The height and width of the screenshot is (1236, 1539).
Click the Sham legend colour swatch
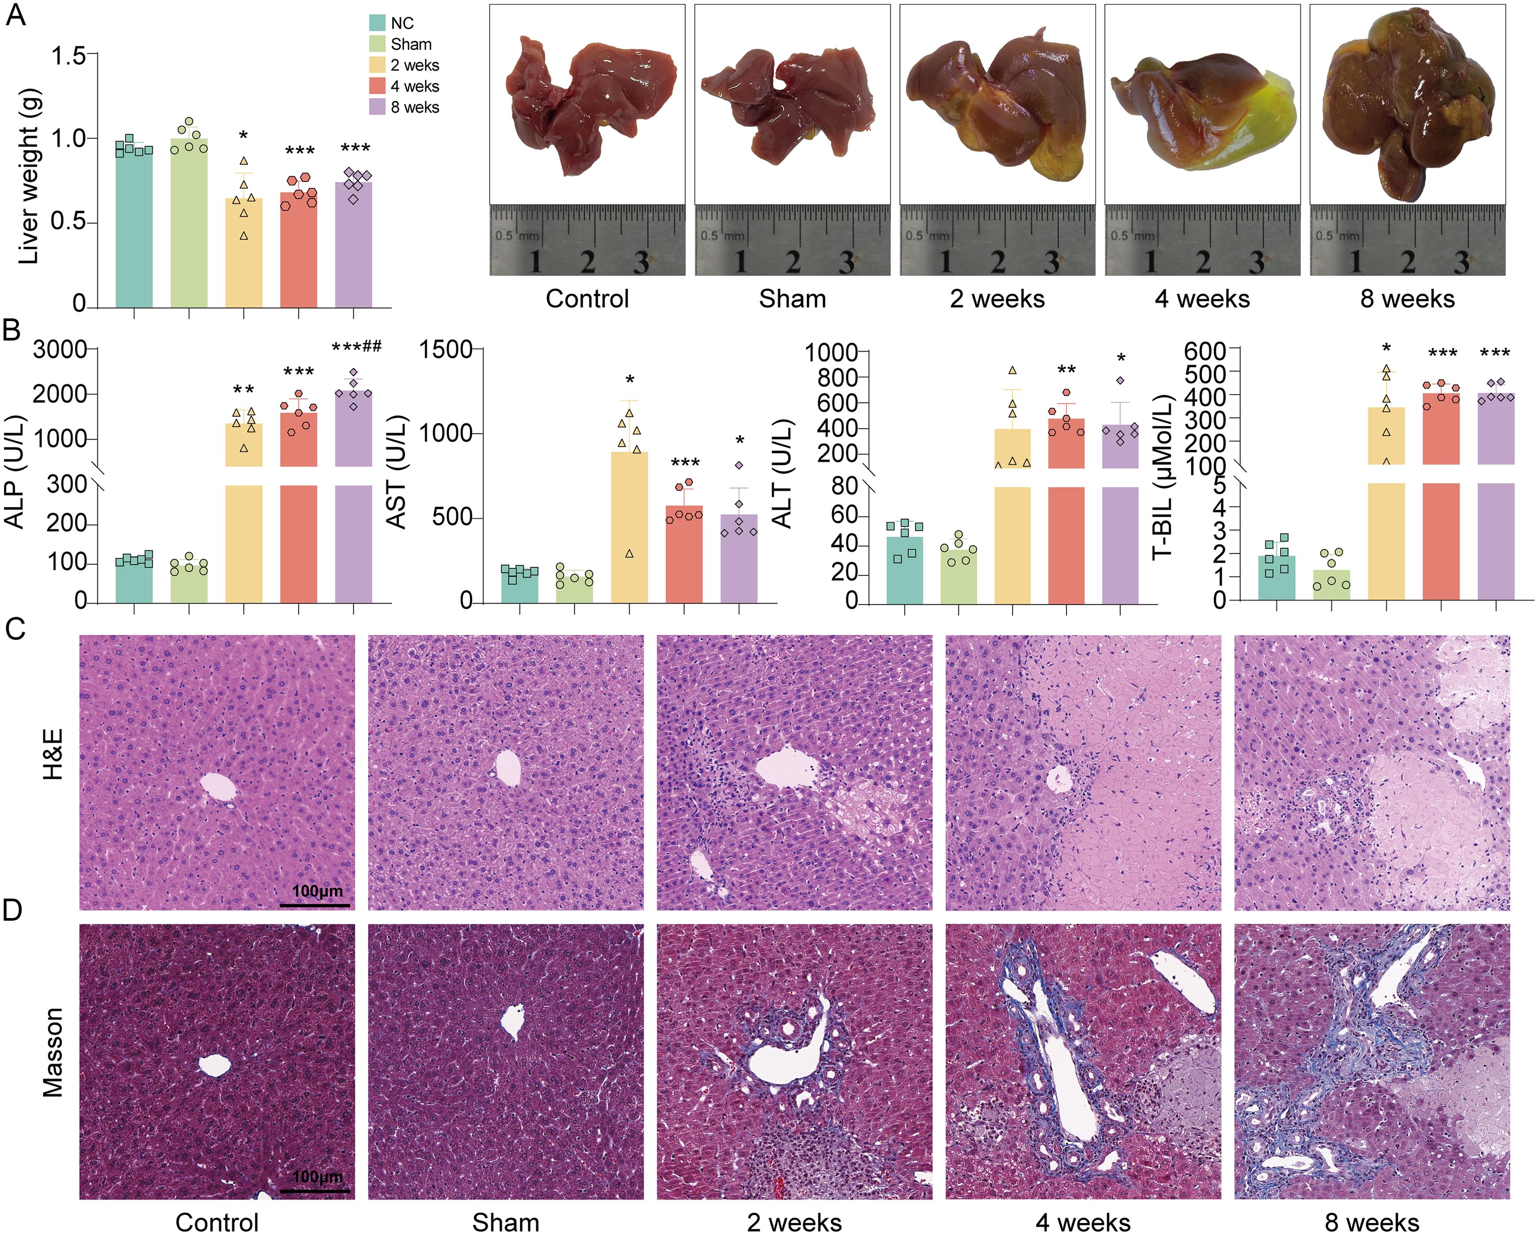coord(377,44)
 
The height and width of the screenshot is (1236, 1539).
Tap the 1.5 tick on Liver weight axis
coord(68,56)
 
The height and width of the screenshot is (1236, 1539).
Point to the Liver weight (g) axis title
coord(29,176)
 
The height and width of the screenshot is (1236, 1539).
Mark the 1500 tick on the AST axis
coord(446,350)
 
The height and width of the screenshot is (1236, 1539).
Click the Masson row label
coord(53,1052)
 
